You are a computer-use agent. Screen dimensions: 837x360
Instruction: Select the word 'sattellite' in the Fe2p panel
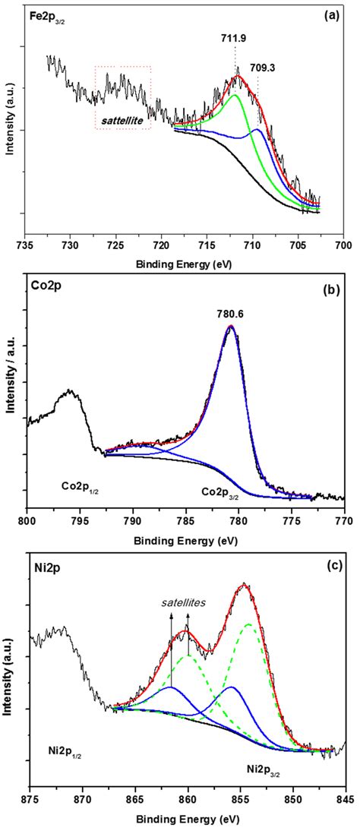pos(122,120)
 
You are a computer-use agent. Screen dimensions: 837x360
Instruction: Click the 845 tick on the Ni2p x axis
pos(345,799)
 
